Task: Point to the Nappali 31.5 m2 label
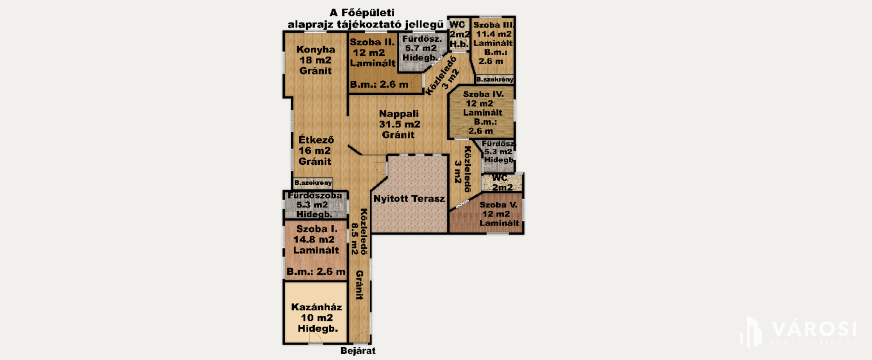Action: (x=400, y=124)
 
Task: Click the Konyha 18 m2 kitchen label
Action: (x=315, y=60)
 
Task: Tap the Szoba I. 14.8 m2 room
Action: (x=316, y=250)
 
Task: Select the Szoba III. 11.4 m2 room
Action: (x=494, y=46)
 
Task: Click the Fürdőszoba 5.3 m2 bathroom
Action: (x=315, y=205)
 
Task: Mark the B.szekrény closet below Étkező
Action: (x=313, y=183)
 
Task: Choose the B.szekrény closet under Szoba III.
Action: (x=495, y=80)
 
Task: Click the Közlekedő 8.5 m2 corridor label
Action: (x=359, y=231)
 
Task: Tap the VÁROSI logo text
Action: (x=814, y=329)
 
